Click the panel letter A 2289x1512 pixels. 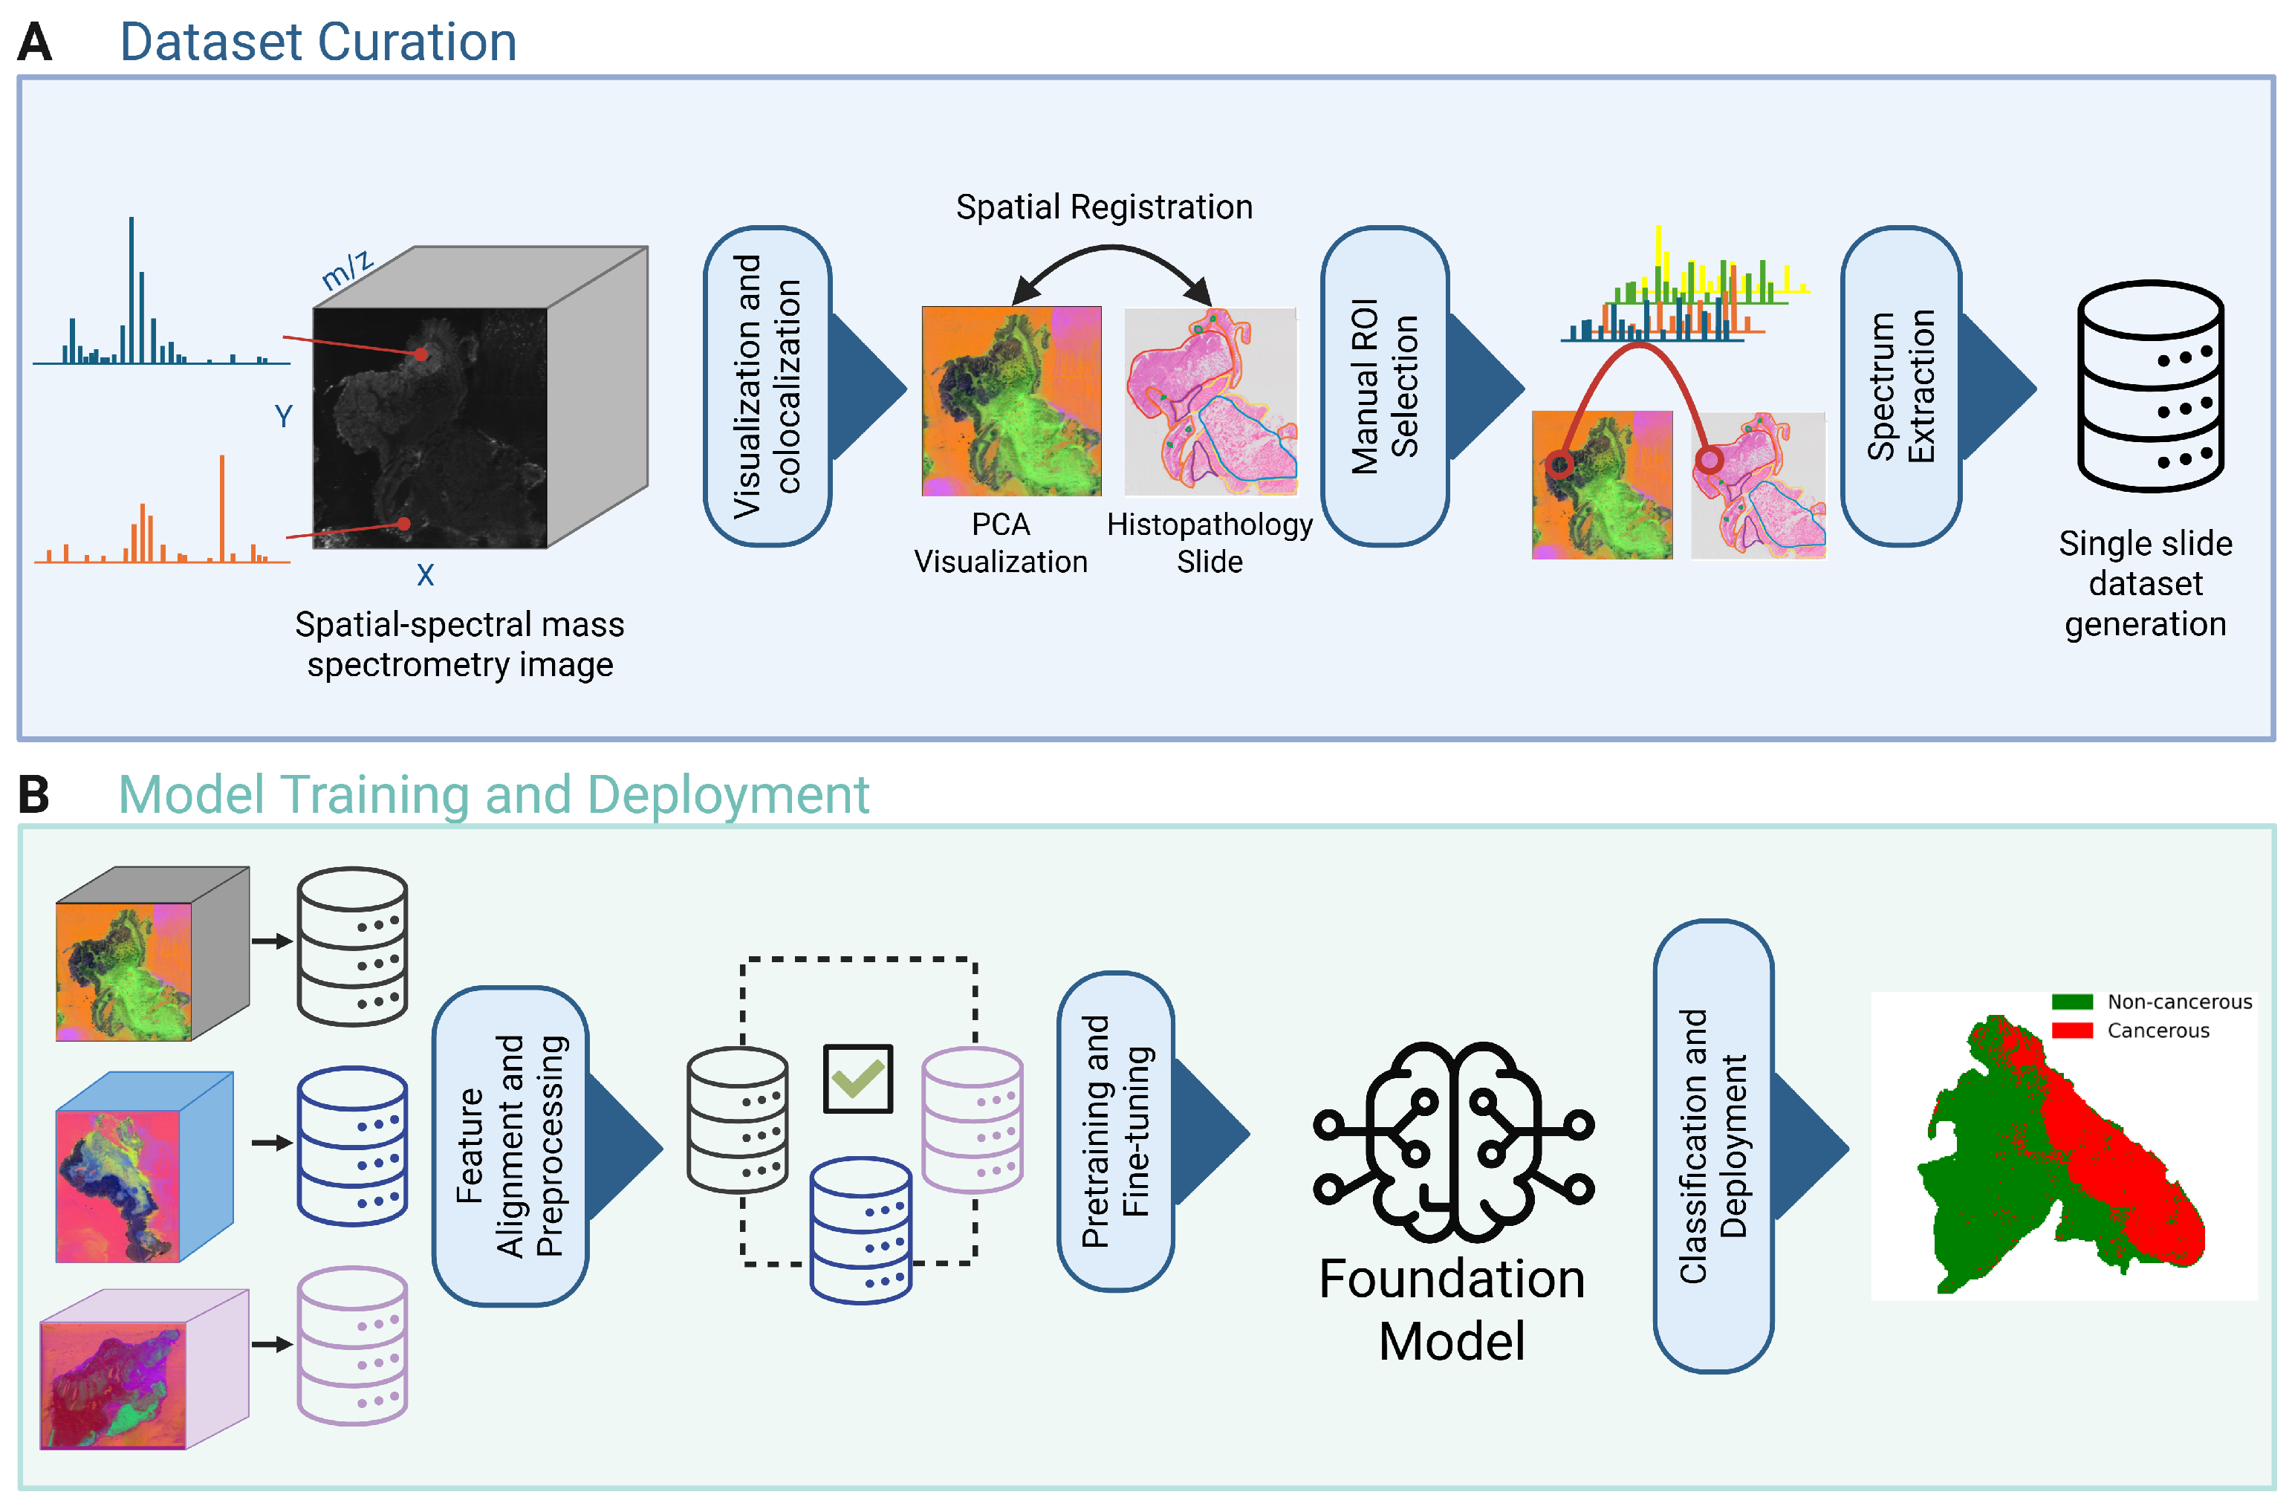[35, 42]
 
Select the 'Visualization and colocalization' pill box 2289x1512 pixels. [767, 386]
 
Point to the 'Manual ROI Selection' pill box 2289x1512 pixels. [1385, 386]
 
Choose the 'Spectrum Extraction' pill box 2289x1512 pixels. [1900, 386]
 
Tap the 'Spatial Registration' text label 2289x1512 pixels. [1104, 207]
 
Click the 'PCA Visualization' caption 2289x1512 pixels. [1001, 543]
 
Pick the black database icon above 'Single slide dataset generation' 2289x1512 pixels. [2150, 386]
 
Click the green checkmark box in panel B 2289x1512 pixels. [857, 1078]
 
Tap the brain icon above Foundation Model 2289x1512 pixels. [1453, 1142]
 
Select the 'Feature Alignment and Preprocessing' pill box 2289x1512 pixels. [510, 1146]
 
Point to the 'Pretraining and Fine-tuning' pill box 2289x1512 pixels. [1116, 1131]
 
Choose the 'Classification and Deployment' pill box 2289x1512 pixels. [1713, 1146]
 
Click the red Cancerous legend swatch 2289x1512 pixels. [2072, 1031]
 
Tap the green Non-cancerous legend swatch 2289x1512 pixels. [2072, 1002]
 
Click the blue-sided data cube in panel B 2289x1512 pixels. [145, 1167]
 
